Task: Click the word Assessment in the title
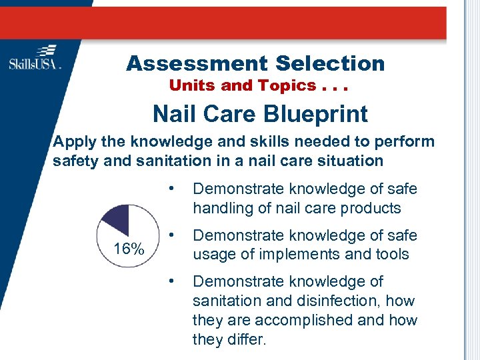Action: [x=191, y=63]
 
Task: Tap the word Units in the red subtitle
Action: [x=189, y=85]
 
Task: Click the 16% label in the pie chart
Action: [x=128, y=249]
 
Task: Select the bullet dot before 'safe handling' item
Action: [x=172, y=188]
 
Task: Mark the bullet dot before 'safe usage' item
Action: [x=172, y=235]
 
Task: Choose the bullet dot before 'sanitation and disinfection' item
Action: [x=172, y=281]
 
